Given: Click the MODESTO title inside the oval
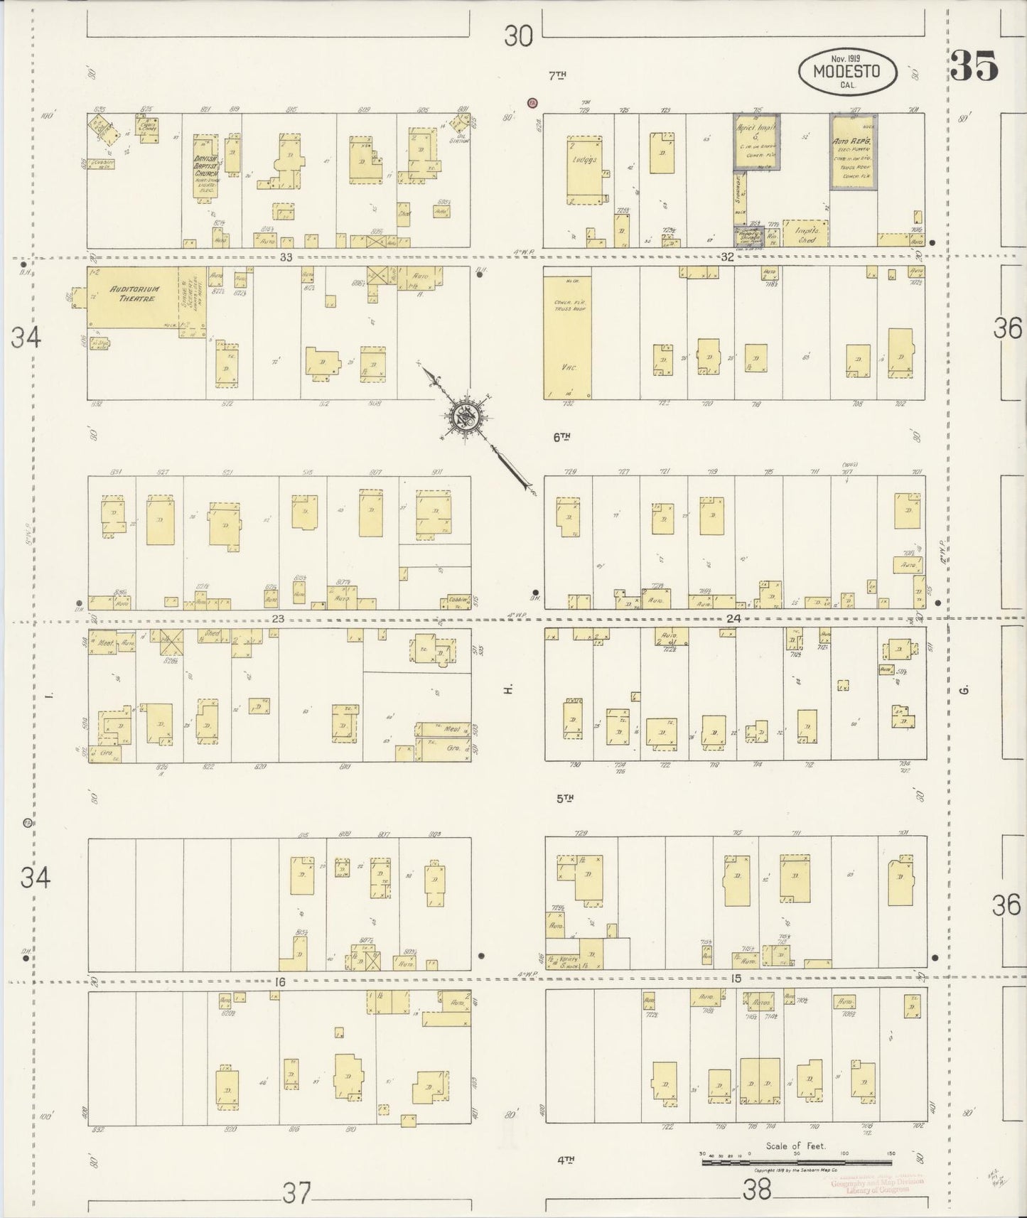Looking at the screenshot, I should pyautogui.click(x=846, y=71).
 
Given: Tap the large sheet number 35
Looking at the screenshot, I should pyautogui.click(x=974, y=66).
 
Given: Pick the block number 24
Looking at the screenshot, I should pyautogui.click(x=733, y=618).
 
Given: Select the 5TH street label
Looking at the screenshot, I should pyautogui.click(x=564, y=798).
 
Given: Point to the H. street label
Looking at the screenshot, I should pyautogui.click(x=508, y=689).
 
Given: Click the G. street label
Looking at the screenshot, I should pyautogui.click(x=964, y=689).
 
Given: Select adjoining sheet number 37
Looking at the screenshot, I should pyautogui.click(x=296, y=1192).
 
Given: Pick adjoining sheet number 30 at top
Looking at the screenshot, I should pyautogui.click(x=518, y=36).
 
